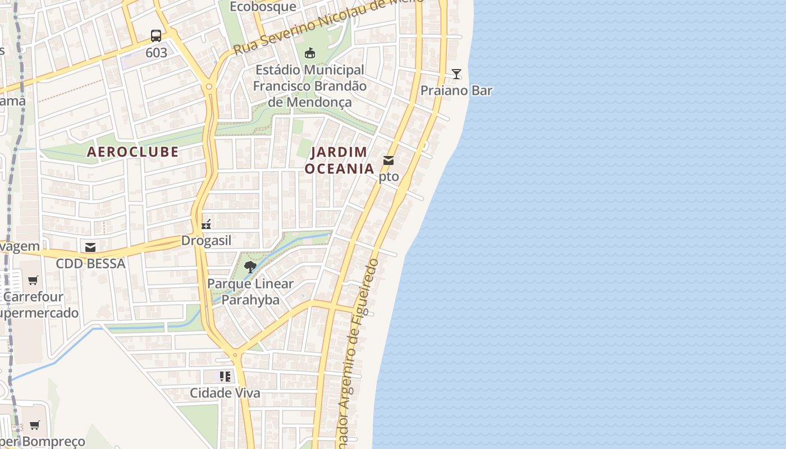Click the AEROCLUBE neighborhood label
point(133,152)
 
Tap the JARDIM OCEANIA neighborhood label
point(339,160)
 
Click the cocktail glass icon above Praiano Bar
point(456,74)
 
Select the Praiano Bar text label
point(456,90)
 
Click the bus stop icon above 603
point(156,36)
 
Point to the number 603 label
point(156,53)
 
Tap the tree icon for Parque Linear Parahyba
point(250,267)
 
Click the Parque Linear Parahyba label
point(250,291)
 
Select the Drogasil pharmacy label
point(206,241)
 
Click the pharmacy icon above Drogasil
point(206,224)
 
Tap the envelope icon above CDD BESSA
point(90,248)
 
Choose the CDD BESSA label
point(90,263)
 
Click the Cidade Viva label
point(225,393)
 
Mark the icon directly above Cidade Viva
point(225,377)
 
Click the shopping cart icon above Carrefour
point(33,280)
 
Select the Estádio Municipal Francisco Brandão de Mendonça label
point(310,86)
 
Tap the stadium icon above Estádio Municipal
point(309,53)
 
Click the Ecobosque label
point(263,7)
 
